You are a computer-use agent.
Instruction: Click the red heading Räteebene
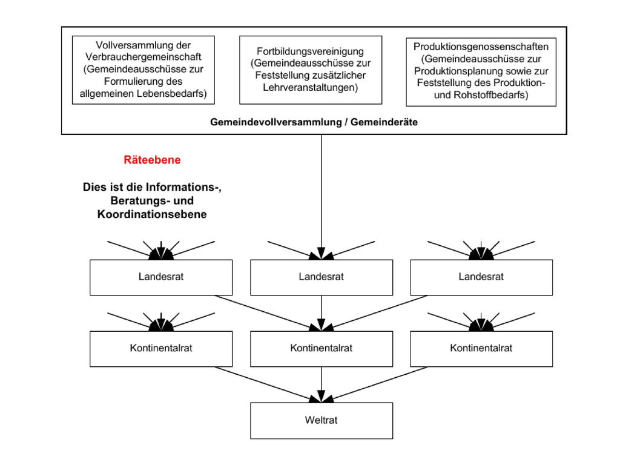pos(152,160)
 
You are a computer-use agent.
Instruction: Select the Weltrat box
pos(322,420)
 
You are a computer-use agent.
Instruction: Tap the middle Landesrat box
pos(322,277)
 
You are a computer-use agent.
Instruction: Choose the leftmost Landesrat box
pos(161,277)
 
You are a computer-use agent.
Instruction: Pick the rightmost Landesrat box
pos(481,277)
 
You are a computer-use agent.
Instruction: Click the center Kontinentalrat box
pos(322,349)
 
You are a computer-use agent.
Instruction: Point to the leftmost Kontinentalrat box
pos(161,349)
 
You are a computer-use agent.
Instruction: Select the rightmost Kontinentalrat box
pos(481,349)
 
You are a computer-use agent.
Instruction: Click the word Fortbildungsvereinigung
pos(311,51)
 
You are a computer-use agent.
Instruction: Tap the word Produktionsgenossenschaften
pos(481,47)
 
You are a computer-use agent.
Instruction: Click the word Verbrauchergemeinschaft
pos(143,57)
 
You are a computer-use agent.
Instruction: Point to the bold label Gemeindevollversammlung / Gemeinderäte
pos(314,122)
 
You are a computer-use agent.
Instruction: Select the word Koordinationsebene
pos(152,214)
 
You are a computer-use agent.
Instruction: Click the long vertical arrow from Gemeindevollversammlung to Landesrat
pos(322,197)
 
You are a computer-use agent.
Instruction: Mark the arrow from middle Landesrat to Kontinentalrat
pos(322,313)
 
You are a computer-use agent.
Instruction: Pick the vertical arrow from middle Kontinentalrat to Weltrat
pos(322,384)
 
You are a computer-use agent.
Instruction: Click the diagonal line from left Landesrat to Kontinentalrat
pos(268,313)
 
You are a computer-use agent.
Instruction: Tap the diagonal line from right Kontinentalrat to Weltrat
pos(374,384)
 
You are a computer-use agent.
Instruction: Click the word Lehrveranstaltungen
pos(311,87)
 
